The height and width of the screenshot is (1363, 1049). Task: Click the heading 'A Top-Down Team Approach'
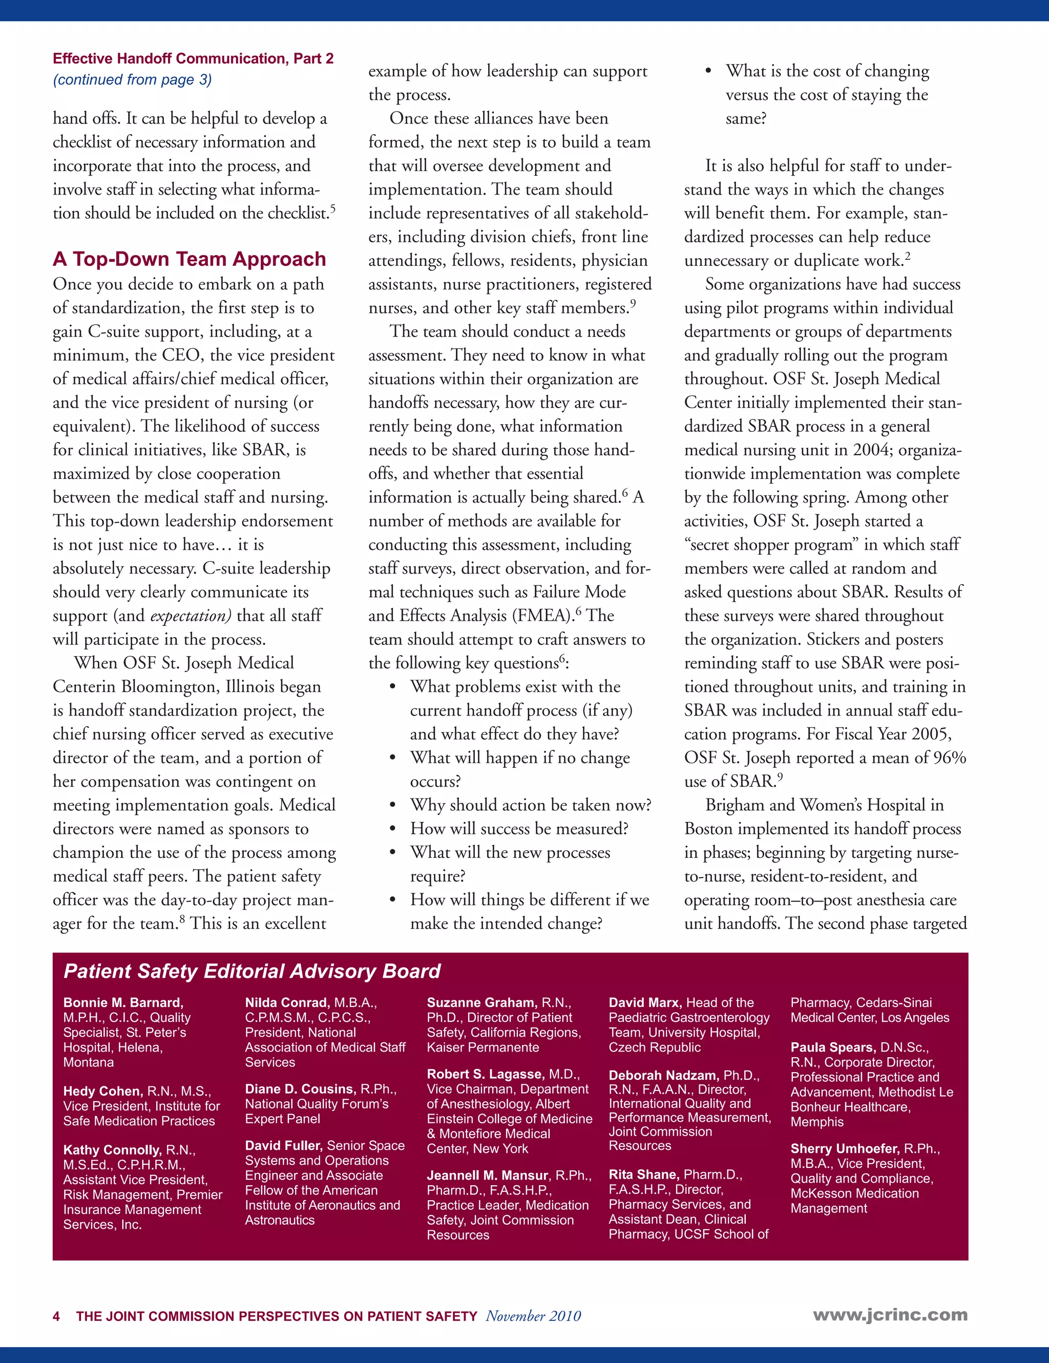[x=189, y=259]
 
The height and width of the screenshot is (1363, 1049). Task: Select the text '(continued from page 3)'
[x=132, y=80]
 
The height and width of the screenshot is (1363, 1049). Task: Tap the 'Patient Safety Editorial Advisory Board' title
[x=251, y=971]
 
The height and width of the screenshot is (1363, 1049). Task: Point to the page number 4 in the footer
[x=57, y=1316]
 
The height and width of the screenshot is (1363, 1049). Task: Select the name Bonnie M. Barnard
[x=123, y=1003]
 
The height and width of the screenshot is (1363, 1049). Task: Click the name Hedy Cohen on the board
[x=103, y=1092]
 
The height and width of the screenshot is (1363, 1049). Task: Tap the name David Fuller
[x=283, y=1146]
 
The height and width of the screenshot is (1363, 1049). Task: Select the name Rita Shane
[x=643, y=1175]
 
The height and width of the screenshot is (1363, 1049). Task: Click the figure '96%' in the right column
[x=949, y=758]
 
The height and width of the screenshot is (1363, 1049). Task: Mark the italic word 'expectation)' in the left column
[x=191, y=616]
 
